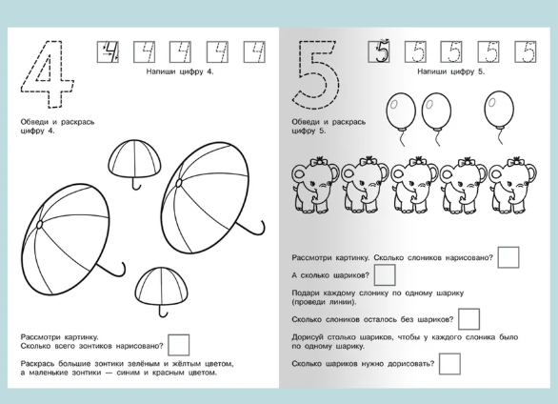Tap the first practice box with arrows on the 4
108,52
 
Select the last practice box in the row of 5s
526,52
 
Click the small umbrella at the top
134,160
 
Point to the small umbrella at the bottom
162,285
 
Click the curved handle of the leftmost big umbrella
114,272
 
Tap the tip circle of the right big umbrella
179,183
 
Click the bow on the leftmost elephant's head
319,161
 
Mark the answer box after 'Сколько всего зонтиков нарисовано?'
179,345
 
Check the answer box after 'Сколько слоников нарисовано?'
508,257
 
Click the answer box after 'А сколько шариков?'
385,274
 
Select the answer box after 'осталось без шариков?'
468,319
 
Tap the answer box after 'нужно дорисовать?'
449,364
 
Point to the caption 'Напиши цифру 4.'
180,71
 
